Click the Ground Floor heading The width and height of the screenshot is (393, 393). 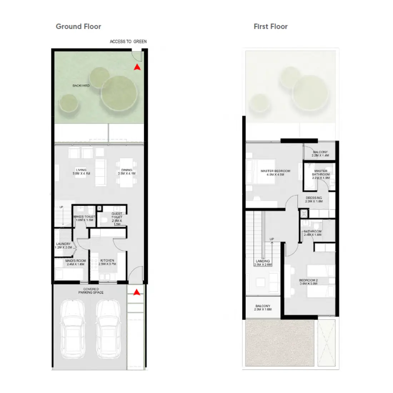[78, 26]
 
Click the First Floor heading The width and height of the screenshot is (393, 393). [270, 26]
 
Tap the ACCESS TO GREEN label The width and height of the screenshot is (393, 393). [128, 41]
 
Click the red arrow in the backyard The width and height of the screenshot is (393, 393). [137, 67]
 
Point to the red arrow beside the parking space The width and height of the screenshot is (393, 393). [136, 292]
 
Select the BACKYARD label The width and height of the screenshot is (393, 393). [81, 86]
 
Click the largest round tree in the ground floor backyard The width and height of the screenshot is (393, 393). [119, 94]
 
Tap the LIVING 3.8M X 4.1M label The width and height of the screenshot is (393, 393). [81, 172]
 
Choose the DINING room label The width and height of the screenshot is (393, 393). [126, 172]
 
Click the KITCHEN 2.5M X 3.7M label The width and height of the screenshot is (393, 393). [107, 262]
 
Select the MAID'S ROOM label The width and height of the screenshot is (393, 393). [75, 262]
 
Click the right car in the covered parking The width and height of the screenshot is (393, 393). [108, 329]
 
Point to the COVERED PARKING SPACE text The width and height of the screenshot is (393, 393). [91, 291]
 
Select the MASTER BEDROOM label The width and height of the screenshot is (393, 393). [275, 173]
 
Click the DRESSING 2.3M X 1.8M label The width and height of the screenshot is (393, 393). [314, 199]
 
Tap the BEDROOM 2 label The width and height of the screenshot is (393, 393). [308, 282]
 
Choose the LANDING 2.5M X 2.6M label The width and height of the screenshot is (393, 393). [263, 263]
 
